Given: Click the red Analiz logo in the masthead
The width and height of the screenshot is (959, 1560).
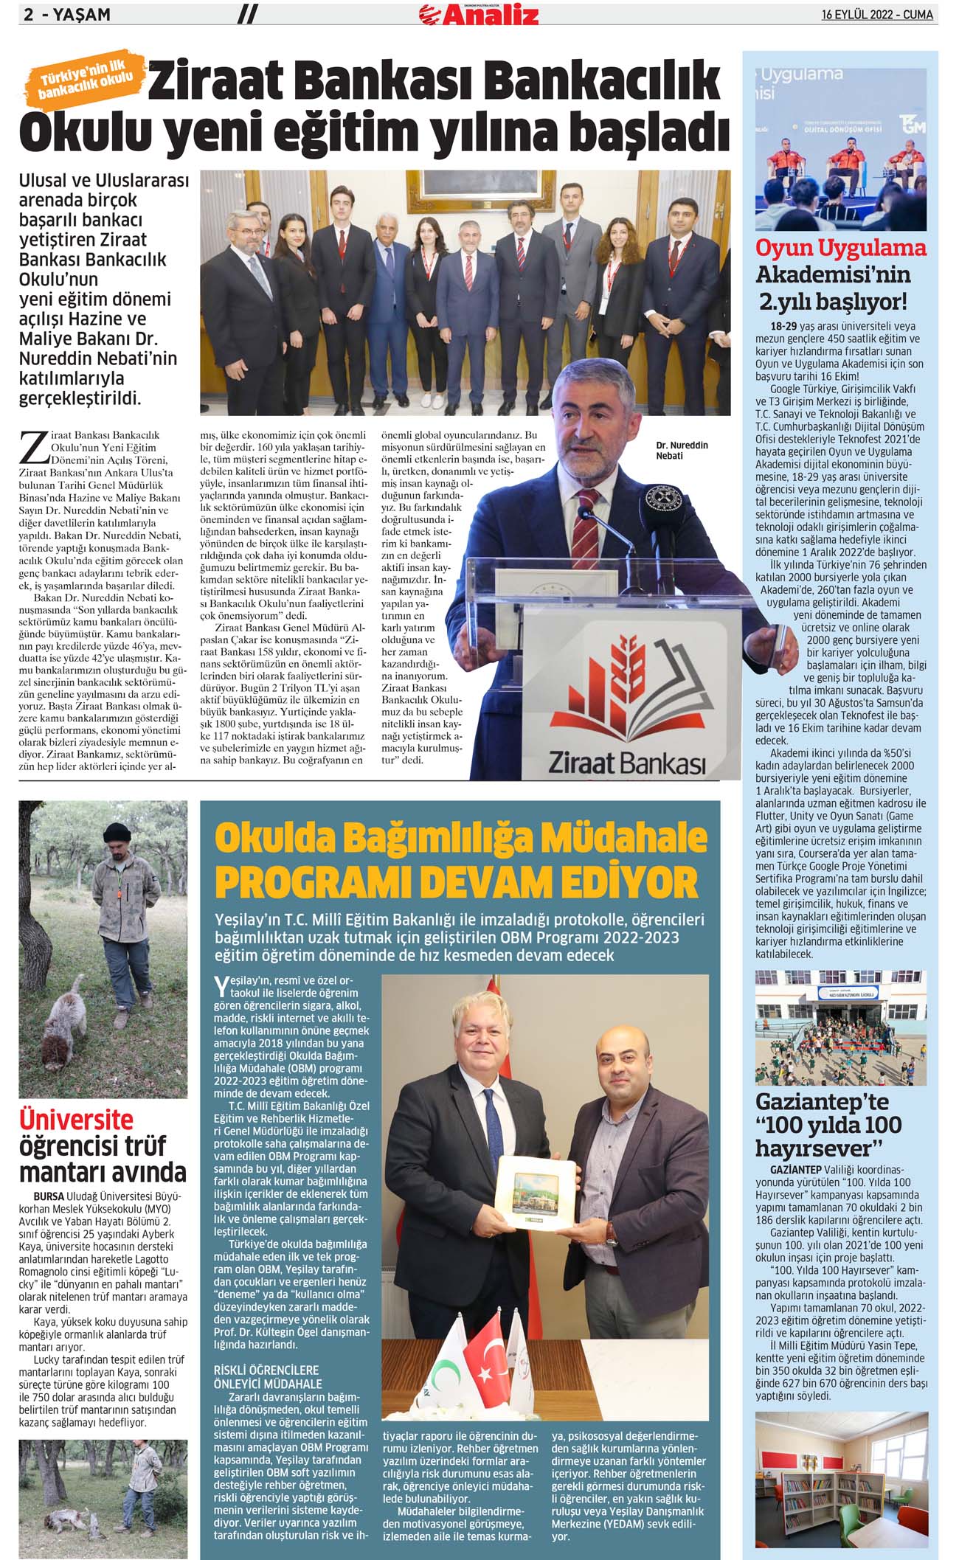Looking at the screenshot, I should click(x=479, y=14).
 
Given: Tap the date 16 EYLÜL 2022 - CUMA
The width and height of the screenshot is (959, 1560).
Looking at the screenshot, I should click(x=877, y=14).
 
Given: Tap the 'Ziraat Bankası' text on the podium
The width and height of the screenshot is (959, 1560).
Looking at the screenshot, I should click(x=626, y=762).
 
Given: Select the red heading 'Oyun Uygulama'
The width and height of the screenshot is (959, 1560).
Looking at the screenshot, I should click(x=840, y=249).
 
